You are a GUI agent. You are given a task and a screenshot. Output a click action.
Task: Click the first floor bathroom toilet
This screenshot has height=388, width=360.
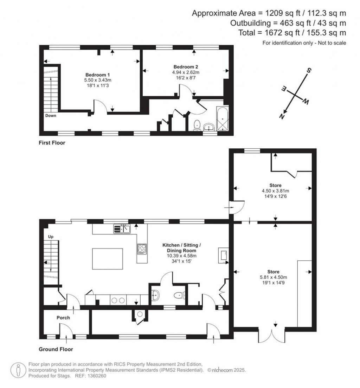197,125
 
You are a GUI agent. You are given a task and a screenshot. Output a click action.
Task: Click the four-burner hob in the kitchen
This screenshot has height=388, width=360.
142,249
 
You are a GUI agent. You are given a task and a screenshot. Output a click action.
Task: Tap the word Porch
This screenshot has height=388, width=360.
63,318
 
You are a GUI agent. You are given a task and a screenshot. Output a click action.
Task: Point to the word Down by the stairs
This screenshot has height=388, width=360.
51,115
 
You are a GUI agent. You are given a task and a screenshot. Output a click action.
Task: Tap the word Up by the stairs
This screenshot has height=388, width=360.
50,237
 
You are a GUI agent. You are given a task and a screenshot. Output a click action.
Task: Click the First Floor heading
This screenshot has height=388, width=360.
52,143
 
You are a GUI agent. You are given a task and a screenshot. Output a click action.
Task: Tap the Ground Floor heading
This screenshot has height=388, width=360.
56,349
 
